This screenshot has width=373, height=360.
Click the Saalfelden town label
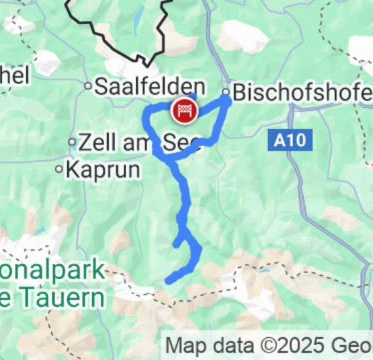point(149,86)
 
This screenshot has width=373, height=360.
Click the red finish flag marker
point(183,110)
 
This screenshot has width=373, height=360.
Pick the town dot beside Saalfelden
point(87,86)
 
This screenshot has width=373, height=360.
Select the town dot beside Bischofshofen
point(226,91)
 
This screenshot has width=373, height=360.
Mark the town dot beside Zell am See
point(72,142)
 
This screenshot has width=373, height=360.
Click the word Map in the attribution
point(183,346)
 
